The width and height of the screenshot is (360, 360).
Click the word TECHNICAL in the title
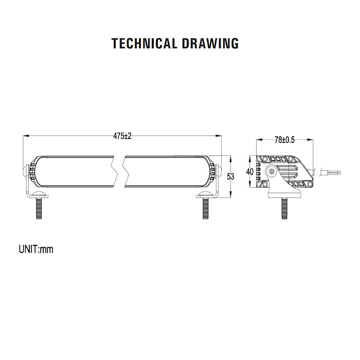(145, 43)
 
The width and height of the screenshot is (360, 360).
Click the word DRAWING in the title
(210, 43)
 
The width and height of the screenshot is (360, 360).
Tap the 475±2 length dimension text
(122, 136)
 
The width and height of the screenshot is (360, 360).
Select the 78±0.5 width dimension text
(284, 139)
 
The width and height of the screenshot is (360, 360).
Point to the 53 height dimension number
(230, 176)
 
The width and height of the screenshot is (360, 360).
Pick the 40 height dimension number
(250, 172)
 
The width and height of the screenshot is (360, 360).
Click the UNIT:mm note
(36, 250)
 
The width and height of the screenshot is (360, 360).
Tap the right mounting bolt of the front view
(206, 208)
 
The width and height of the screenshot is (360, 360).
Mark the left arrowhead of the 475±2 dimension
(26, 136)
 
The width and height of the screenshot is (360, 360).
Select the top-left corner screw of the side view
(264, 159)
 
